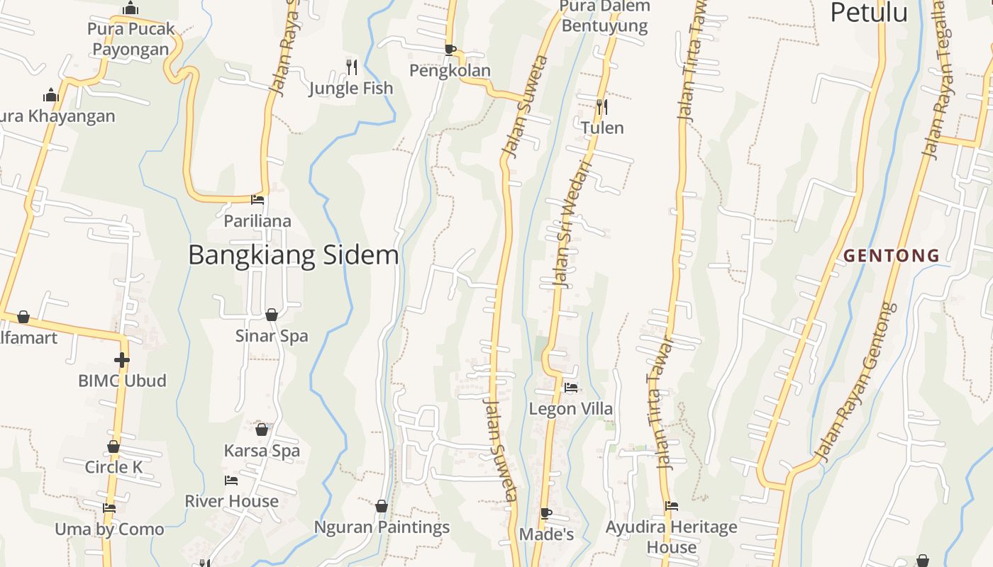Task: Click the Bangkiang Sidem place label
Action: click(294, 255)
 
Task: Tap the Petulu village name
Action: click(869, 12)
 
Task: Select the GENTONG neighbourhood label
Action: click(892, 256)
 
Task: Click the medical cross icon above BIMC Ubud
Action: click(122, 360)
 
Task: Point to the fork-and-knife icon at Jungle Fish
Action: click(352, 67)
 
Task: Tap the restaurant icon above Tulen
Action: click(602, 107)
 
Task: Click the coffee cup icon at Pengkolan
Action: click(450, 50)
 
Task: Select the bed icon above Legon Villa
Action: click(571, 388)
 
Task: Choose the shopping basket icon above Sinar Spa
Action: click(272, 315)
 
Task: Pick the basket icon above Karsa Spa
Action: click(262, 430)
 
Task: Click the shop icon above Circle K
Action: click(113, 447)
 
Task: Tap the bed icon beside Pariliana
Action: click(257, 200)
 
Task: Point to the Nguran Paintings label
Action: click(382, 527)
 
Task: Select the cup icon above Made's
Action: click(545, 513)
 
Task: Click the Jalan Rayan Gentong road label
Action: click(856, 383)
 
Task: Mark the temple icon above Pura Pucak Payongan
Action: click(131, 9)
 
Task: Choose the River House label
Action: click(232, 501)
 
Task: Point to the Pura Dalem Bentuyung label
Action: click(604, 16)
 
